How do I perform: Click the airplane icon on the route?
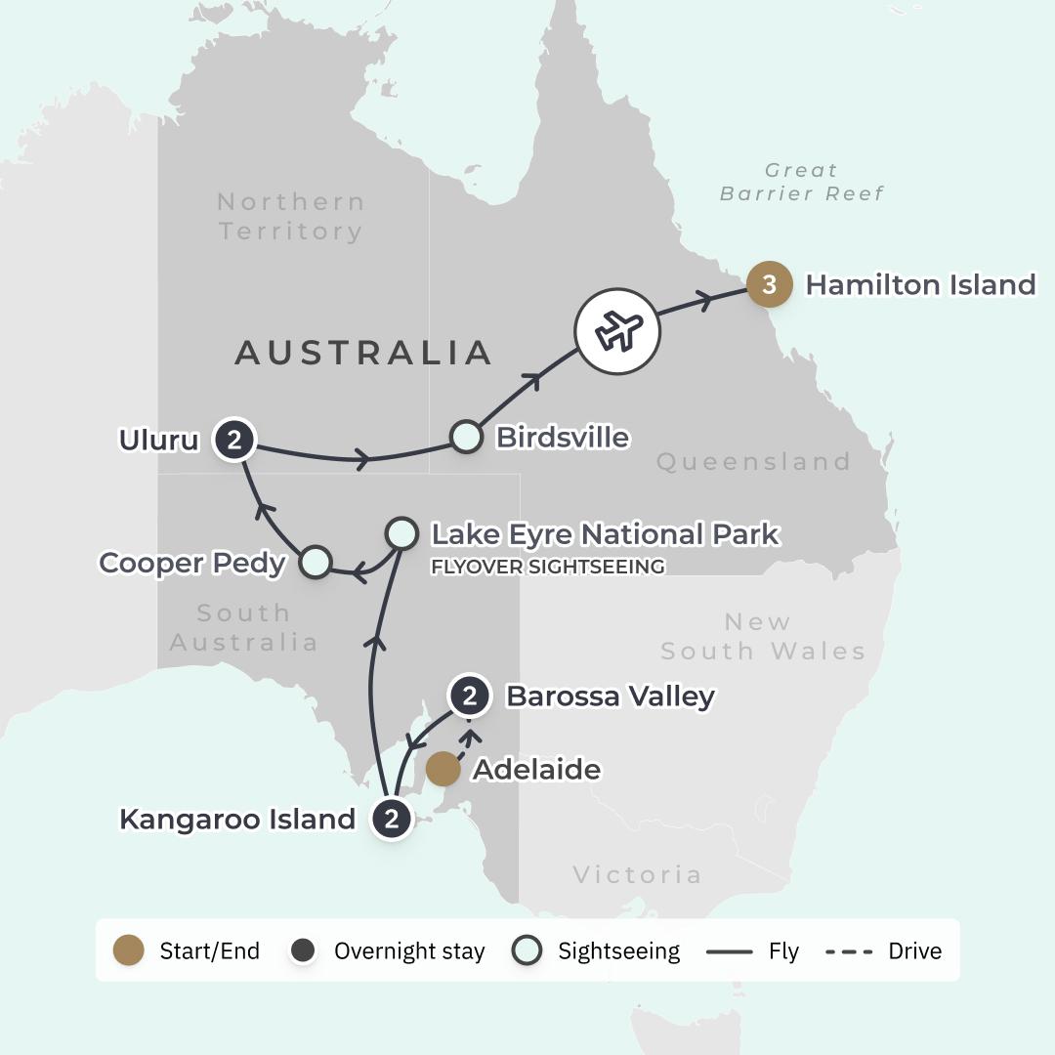(x=617, y=331)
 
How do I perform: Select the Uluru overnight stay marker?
(x=233, y=440)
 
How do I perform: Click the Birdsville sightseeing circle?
(x=466, y=437)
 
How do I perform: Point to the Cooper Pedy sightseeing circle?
(x=315, y=562)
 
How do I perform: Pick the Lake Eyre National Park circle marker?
(x=401, y=533)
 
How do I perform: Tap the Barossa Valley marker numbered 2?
(x=470, y=696)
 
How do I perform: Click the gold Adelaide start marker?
(x=443, y=769)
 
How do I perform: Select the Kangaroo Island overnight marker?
(x=391, y=819)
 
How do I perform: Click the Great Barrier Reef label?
(x=801, y=182)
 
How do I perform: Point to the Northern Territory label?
(x=290, y=216)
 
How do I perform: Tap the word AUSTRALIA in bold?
(x=362, y=353)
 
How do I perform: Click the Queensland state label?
(x=753, y=461)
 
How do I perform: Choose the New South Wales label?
(x=763, y=636)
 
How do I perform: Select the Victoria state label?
(x=637, y=874)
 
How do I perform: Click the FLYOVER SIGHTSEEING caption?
(x=548, y=567)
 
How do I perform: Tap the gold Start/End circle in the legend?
(x=129, y=950)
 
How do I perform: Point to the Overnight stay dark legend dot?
(x=303, y=950)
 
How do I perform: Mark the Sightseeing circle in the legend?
(x=527, y=950)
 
